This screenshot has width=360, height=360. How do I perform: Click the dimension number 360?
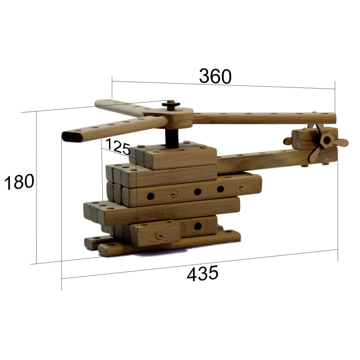215,76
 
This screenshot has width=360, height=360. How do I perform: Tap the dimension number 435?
202,273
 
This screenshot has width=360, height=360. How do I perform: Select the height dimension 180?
19,182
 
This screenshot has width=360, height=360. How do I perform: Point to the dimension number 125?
118,147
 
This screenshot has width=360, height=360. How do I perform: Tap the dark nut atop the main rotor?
171,104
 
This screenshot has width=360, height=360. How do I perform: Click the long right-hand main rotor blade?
264,118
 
